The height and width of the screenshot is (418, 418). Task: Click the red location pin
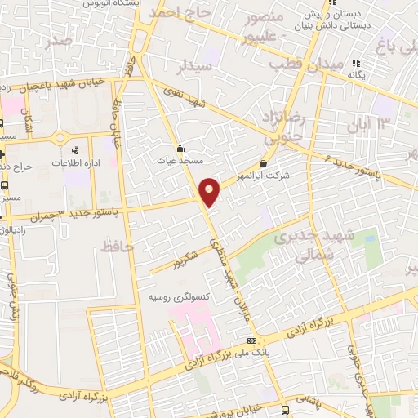coord(210,191)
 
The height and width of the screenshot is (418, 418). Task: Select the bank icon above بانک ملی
coord(252,340)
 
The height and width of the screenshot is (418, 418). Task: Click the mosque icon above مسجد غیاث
coord(180,149)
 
